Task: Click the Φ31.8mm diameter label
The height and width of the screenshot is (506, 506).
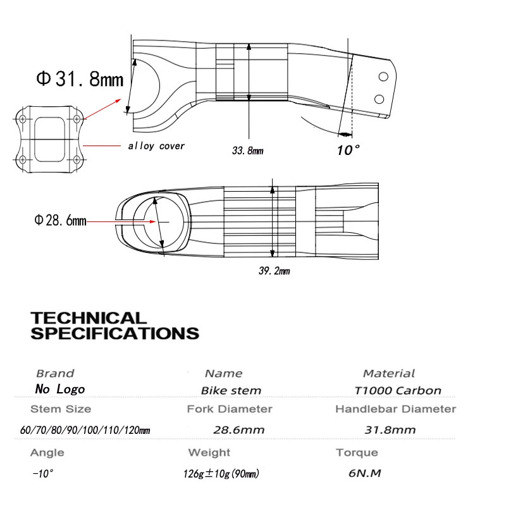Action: click(x=80, y=79)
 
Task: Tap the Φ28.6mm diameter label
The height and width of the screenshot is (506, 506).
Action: click(x=60, y=220)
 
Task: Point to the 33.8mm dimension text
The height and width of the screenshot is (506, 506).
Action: click(x=247, y=151)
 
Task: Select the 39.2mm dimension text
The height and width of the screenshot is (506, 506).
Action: click(x=274, y=271)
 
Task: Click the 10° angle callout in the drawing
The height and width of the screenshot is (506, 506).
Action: click(x=349, y=150)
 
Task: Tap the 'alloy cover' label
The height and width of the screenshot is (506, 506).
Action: click(x=156, y=146)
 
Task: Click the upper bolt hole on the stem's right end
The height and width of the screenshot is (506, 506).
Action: click(x=383, y=77)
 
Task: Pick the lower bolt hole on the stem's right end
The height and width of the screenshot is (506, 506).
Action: click(x=379, y=99)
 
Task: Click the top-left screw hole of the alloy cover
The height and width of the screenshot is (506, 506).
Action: click(x=23, y=119)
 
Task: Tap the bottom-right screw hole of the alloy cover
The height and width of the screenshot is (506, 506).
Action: click(x=77, y=159)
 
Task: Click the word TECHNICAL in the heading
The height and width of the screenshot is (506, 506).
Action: click(x=89, y=318)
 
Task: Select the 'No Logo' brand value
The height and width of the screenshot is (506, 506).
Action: click(x=60, y=389)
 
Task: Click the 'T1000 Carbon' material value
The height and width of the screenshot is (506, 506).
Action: click(x=398, y=390)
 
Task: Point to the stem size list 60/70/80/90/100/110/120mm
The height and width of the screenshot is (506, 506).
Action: click(x=85, y=430)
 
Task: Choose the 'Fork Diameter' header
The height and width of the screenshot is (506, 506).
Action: click(x=230, y=409)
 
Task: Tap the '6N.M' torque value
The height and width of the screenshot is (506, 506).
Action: click(x=365, y=473)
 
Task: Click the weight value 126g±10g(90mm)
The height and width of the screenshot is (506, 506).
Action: click(x=221, y=474)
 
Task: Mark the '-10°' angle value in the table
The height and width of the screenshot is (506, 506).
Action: click(x=42, y=474)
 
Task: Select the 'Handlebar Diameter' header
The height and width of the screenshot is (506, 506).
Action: click(x=396, y=409)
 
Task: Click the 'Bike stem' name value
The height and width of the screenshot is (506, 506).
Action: click(x=231, y=390)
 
